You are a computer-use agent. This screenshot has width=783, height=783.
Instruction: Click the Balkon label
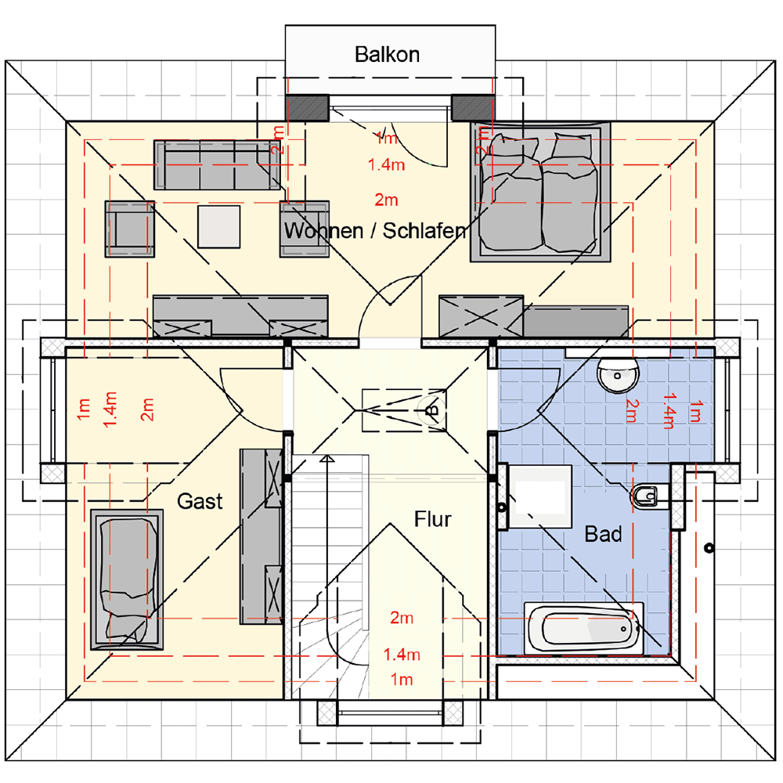pos(387,55)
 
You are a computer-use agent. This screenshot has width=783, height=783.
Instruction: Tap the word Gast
pos(200,501)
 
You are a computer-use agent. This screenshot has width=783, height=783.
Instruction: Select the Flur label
pos(432,519)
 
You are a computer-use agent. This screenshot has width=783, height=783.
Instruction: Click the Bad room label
pos(603,534)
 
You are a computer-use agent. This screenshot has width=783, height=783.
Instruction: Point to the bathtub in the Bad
pos(584,628)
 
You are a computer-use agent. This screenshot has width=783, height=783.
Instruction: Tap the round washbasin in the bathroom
pos(619,374)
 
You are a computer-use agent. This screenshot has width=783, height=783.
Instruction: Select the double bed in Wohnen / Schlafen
pos(540,192)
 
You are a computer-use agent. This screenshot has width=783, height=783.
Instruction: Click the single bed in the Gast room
pos(127,579)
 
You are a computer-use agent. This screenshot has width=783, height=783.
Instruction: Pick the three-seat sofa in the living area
pos(217,164)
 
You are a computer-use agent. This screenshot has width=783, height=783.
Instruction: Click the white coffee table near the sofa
pos(218,227)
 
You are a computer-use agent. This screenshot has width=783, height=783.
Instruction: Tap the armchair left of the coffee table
pos(130,229)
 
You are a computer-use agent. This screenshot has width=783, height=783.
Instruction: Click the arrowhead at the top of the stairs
pos(327,458)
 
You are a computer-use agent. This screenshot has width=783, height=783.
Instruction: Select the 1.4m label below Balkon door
pos(387,164)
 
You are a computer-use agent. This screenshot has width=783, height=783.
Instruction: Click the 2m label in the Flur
pos(402,619)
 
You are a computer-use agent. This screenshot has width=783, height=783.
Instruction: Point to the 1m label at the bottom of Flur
pos(402,680)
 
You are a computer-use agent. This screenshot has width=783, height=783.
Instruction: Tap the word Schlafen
pos(425,231)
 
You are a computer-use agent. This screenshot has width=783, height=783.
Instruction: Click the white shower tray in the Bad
pos(540,496)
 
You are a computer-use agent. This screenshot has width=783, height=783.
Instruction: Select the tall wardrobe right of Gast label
pos(262,536)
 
